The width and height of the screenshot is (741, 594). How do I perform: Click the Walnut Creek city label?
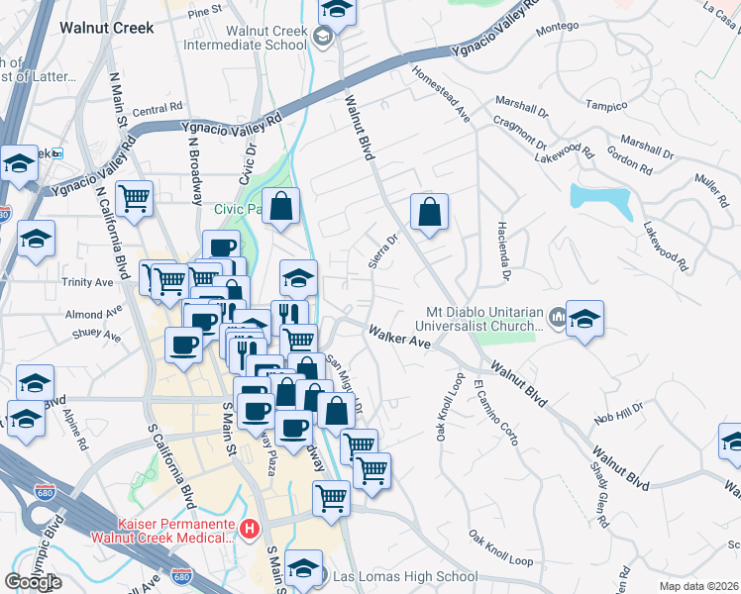107,28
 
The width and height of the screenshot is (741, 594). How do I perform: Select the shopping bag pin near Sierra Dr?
430,213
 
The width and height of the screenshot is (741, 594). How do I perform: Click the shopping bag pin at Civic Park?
281,207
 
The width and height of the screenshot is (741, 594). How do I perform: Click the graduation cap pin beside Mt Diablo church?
584,320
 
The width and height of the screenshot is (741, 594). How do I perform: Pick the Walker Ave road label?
399,337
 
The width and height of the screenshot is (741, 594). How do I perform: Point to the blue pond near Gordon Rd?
601,201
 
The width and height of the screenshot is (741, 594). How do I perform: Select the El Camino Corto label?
496,413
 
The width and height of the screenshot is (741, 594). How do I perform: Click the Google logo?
33,581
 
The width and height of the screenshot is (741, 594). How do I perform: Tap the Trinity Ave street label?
89,282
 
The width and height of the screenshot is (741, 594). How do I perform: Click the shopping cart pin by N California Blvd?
134,198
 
